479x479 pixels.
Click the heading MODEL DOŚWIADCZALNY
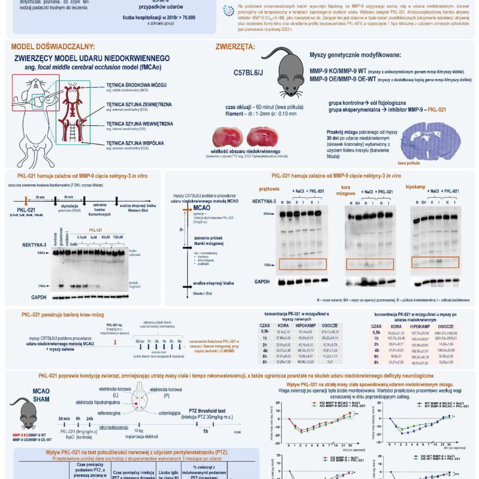52,47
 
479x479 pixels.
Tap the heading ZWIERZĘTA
235,47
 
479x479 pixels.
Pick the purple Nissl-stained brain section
433,138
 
